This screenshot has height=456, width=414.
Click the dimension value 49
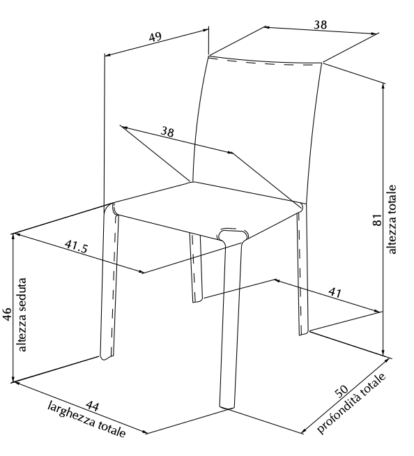(155, 37)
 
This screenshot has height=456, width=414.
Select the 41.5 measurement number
(76, 246)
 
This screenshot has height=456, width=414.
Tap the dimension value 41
(335, 292)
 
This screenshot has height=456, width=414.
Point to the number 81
(377, 220)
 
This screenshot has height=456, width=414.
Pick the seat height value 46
(7, 314)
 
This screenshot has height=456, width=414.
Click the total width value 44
(93, 406)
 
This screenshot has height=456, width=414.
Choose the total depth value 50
(341, 391)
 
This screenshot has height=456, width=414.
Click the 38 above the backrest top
(320, 24)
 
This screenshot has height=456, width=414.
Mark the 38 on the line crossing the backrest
(167, 132)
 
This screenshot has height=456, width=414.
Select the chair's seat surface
(207, 208)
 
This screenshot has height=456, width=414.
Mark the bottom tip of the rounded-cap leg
(227, 409)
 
